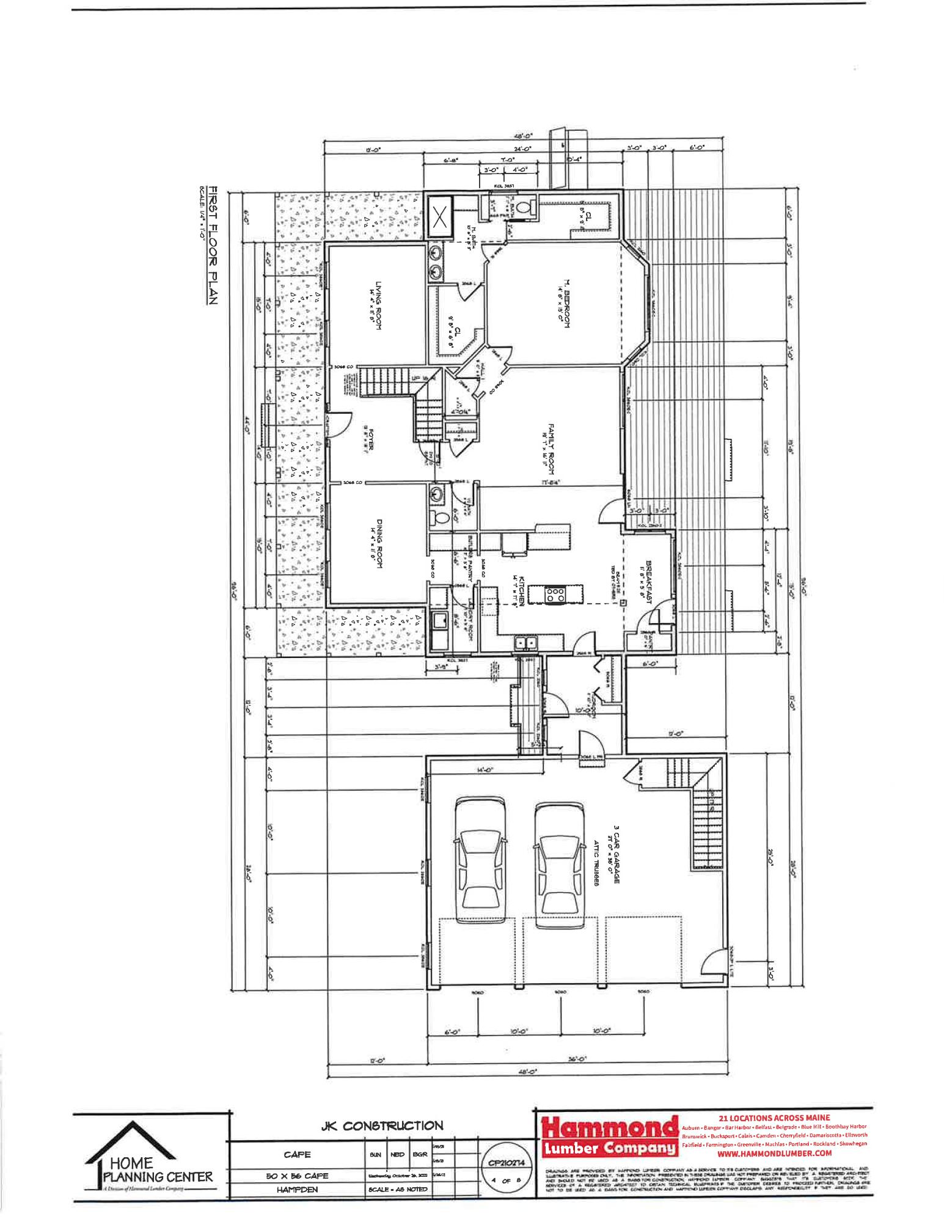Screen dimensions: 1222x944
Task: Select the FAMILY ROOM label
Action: pyautogui.click(x=551, y=448)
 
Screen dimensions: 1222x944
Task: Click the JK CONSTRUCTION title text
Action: pyautogui.click(x=382, y=1125)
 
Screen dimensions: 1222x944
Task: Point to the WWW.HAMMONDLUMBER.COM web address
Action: pyautogui.click(x=774, y=1153)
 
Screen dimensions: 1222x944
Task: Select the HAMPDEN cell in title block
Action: pyautogui.click(x=297, y=1190)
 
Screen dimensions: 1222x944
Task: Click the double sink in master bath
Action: pyautogui.click(x=435, y=260)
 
